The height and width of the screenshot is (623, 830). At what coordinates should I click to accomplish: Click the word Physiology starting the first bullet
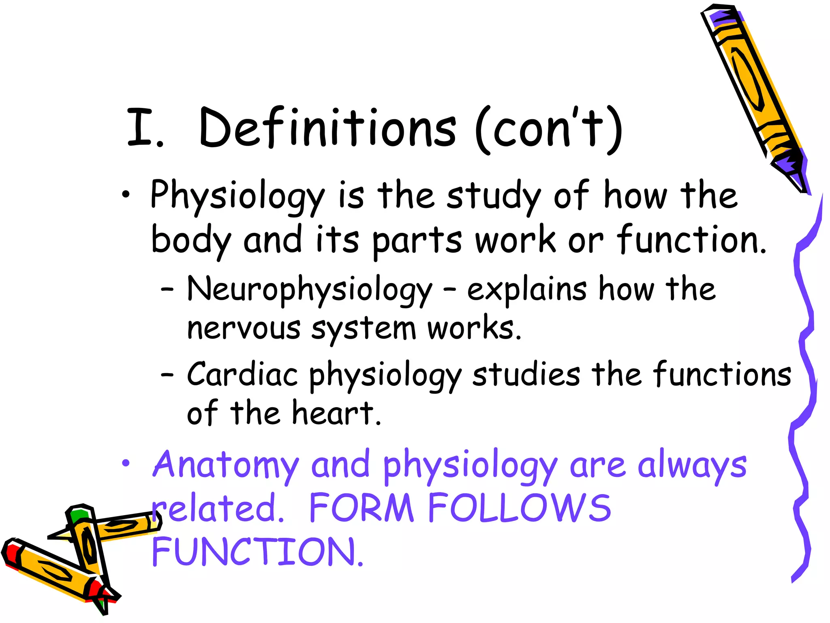(237, 196)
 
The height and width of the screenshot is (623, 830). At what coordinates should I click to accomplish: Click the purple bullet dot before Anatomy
(126, 463)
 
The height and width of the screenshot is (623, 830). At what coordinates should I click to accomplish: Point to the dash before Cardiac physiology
(167, 375)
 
